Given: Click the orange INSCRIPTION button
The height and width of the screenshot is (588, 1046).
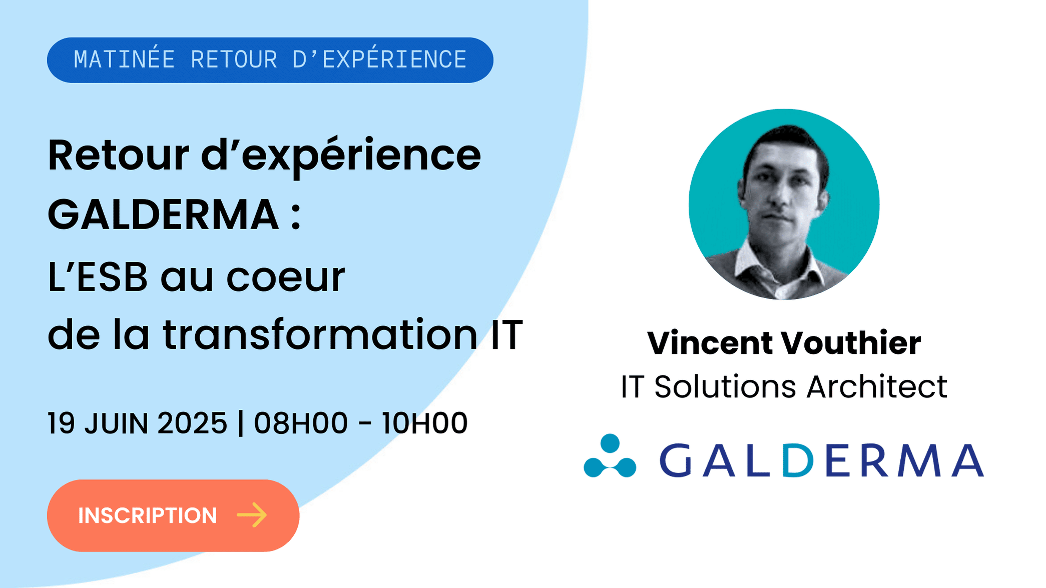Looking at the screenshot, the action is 173,515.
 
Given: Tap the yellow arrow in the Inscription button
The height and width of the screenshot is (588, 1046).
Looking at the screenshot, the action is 252,515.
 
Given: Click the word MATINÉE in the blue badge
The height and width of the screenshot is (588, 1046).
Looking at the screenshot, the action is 124,59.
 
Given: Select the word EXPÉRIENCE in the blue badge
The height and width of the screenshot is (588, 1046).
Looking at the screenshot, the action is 394,59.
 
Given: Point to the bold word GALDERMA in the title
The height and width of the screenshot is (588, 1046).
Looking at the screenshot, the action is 163,214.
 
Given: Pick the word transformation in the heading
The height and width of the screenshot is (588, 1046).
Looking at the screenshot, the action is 320,334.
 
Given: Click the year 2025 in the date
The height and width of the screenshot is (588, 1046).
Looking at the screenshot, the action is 192,423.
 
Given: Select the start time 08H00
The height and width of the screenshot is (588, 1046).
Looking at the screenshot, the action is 301,423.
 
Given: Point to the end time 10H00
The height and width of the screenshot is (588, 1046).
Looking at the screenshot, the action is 424,423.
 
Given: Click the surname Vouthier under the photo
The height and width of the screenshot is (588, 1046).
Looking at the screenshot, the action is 851,343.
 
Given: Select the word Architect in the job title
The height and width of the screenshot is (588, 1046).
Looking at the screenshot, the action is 877,386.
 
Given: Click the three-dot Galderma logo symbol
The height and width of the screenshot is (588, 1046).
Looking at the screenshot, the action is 610,455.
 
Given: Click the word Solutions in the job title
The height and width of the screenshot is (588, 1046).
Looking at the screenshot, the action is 725,386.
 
